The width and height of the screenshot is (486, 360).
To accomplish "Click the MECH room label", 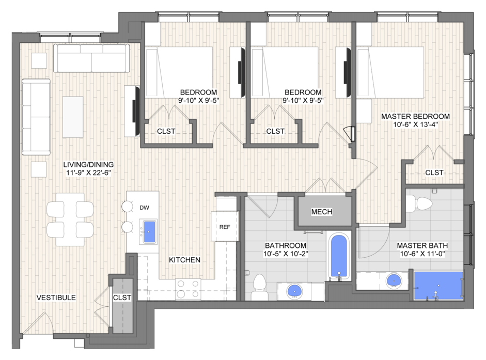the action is [x=322, y=212].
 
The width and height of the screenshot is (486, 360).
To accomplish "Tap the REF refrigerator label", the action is [x=225, y=227].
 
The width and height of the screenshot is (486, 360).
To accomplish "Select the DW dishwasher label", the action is [x=144, y=208].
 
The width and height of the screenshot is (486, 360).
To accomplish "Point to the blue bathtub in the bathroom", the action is [x=338, y=256].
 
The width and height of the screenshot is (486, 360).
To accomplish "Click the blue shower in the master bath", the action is [x=438, y=286].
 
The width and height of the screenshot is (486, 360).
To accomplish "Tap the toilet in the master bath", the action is [x=419, y=204].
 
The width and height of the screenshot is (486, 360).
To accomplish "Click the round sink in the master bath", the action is [x=394, y=281].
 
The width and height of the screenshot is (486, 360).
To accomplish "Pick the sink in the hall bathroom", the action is [x=294, y=291].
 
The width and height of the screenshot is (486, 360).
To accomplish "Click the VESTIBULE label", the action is [x=56, y=298].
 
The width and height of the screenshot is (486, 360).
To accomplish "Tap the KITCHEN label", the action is [x=184, y=260].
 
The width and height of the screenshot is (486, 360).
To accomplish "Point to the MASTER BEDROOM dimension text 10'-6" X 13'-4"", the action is [x=415, y=124].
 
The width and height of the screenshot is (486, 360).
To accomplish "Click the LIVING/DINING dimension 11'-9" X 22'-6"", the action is [x=89, y=173].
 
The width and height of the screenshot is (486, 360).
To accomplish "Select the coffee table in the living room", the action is [x=73, y=117].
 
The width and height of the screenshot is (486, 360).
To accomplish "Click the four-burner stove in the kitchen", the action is [x=188, y=289].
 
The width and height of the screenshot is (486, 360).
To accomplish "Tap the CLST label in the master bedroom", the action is [x=434, y=173].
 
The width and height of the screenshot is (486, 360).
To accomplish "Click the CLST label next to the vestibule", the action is [x=122, y=298].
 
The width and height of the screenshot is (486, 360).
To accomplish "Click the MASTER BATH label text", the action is [x=422, y=245].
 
